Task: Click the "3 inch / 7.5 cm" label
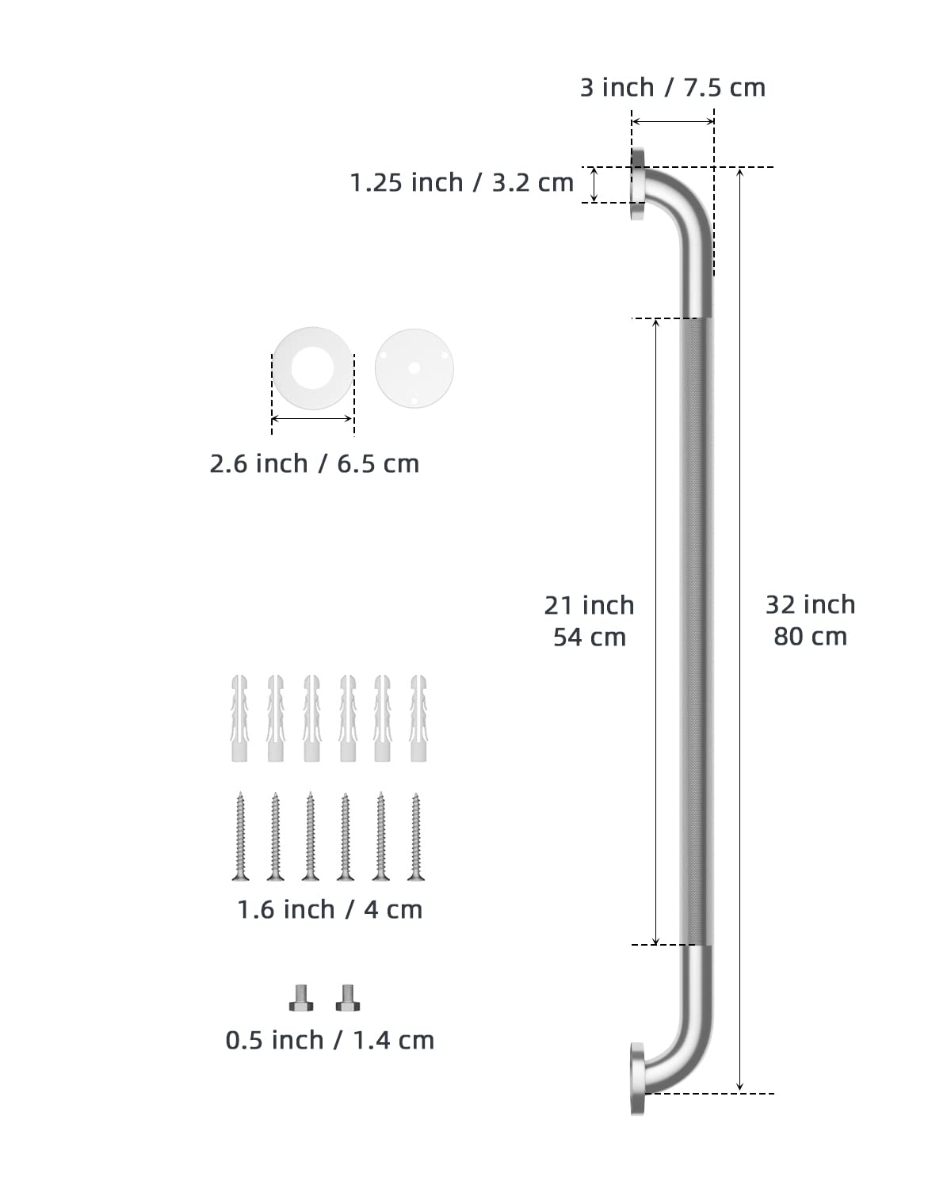click(673, 87)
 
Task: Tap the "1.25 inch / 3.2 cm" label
click(461, 183)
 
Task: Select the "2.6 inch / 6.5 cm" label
click(314, 463)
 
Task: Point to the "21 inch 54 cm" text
click(589, 621)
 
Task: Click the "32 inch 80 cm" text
click(810, 620)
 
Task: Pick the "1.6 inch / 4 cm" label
click(330, 909)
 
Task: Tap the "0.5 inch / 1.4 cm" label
click(330, 1040)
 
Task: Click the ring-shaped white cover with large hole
click(313, 369)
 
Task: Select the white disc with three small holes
click(414, 368)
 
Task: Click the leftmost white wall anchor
click(239, 718)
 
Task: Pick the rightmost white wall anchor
click(418, 718)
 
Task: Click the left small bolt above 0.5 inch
click(301, 998)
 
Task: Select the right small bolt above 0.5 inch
click(347, 998)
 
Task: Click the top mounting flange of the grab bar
click(638, 185)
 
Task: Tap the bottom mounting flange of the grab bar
click(638, 1079)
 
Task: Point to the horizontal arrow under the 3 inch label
click(673, 121)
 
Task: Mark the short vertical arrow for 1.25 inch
click(594, 185)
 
